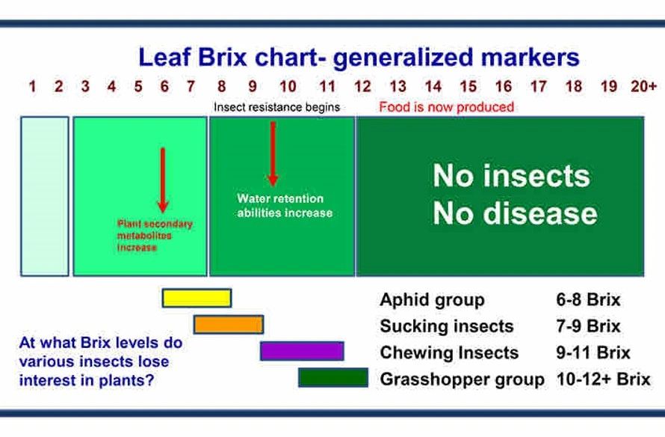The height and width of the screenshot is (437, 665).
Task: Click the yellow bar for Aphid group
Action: click(x=197, y=298)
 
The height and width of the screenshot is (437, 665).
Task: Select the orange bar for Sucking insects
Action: click(x=229, y=325)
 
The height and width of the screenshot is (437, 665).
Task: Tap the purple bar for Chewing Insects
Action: click(x=302, y=351)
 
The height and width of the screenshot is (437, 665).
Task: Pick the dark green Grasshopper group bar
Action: click(x=333, y=378)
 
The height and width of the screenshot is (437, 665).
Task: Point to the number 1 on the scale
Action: click(x=32, y=87)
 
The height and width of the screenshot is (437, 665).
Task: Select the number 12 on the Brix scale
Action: click(x=362, y=87)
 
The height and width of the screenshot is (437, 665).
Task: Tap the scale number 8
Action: click(x=221, y=87)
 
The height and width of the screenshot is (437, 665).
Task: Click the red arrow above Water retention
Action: click(x=273, y=153)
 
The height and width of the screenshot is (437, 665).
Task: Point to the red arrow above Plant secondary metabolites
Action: click(x=163, y=180)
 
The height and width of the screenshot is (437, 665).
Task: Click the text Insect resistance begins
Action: click(x=277, y=107)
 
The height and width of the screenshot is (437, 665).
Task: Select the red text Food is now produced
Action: click(x=447, y=107)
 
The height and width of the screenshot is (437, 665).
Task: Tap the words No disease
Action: click(x=515, y=213)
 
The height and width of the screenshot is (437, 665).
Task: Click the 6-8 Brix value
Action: click(x=588, y=300)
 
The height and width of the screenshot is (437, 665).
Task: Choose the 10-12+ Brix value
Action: click(x=604, y=379)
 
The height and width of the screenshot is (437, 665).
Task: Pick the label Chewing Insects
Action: click(x=449, y=353)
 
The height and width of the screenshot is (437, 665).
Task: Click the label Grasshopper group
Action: click(x=463, y=379)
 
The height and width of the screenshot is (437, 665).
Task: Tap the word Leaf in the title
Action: click(x=164, y=57)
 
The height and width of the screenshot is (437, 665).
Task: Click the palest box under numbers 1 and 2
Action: click(x=45, y=196)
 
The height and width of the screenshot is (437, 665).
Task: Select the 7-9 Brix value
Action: click(x=588, y=326)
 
